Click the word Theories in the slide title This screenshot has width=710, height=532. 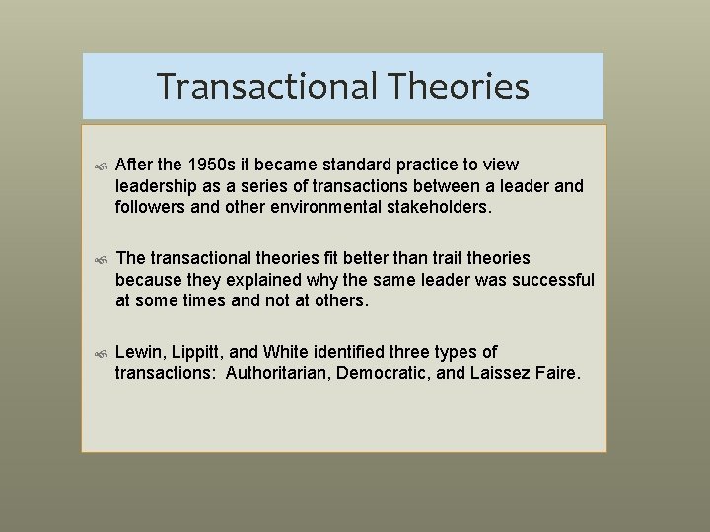click(x=459, y=87)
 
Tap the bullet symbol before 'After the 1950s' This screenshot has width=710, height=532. click(x=99, y=166)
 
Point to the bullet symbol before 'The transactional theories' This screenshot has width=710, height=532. click(x=99, y=260)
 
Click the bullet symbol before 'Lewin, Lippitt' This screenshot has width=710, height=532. click(x=99, y=354)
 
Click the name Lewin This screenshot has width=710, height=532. click(x=138, y=352)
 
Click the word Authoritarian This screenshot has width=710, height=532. click(x=277, y=373)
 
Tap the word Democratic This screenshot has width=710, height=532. click(x=383, y=373)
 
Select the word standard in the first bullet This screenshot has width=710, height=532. click(x=372, y=165)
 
